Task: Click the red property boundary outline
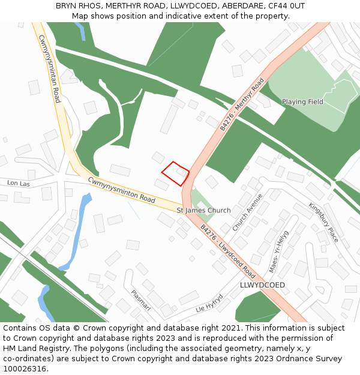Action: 175,173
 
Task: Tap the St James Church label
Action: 203,211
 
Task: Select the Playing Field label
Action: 302,102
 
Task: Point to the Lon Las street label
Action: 18,183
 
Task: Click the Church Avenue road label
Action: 247,212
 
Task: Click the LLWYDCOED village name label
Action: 262,284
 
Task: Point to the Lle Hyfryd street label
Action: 209,304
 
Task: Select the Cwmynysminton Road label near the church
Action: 121,190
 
